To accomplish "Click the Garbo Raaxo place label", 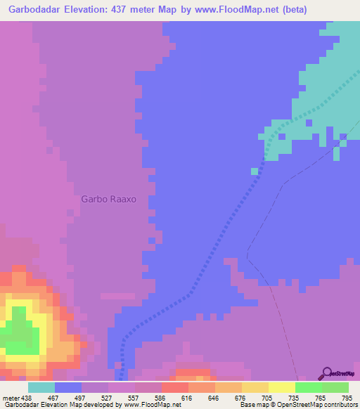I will (x=108, y=199).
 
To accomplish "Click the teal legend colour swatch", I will (x=41, y=387).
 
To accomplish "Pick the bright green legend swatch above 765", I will (x=309, y=387).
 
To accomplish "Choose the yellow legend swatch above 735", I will (x=282, y=387).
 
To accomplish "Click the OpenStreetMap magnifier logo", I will (x=326, y=372).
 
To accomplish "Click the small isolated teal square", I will (x=254, y=171).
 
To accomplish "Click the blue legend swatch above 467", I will (x=68, y=387).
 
